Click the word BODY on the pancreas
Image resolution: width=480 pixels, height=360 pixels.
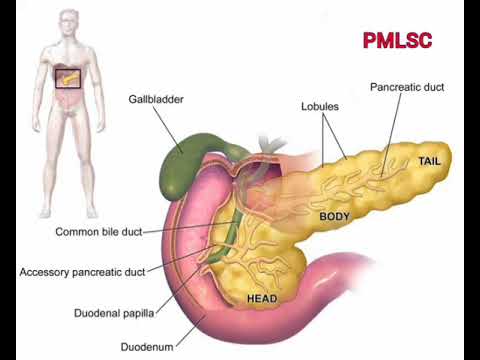click(336, 216)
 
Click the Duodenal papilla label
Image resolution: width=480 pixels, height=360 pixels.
click(113, 313)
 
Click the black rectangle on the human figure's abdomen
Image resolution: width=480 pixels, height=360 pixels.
click(67, 77)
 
